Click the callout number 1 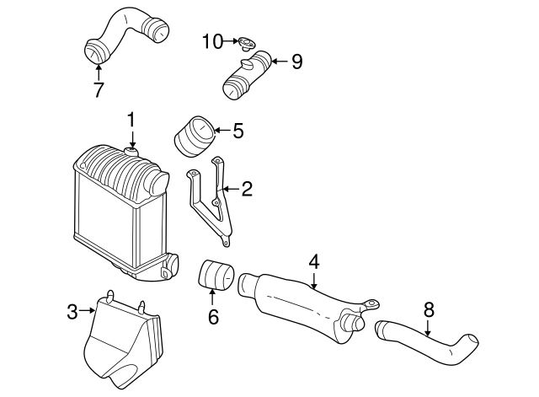[x=131, y=121]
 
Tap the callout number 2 [x=246, y=189]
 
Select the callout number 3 [x=72, y=313]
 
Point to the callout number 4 [x=313, y=262]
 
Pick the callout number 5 [x=237, y=131]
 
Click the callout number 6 [x=212, y=317]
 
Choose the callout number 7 [x=99, y=89]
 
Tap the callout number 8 [x=429, y=309]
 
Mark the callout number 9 [x=296, y=62]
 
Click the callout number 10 [x=212, y=40]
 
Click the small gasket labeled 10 [x=245, y=40]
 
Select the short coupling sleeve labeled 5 [x=194, y=138]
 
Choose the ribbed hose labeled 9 [x=247, y=74]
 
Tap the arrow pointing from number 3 [x=87, y=313]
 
